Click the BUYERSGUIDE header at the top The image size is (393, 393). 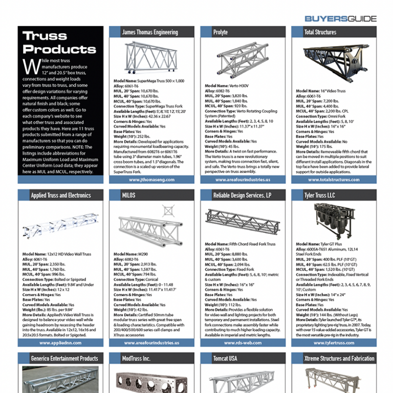pyautogui.click(x=340, y=18)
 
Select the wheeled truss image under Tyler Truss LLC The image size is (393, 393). pyautogui.click(x=333, y=221)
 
